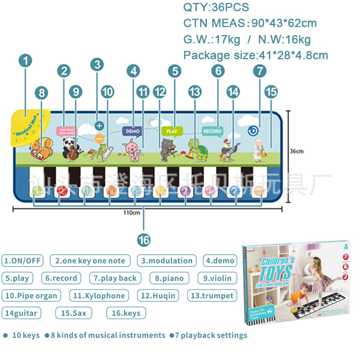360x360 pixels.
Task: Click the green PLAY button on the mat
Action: coord(172,131)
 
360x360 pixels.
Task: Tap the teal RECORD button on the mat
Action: coord(212,131)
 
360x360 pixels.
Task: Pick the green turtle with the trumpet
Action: coord(194,147)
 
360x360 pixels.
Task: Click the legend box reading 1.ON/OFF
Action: coord(23,261)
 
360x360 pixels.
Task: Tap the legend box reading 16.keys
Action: coord(126,313)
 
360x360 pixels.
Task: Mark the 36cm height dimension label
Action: coord(296,152)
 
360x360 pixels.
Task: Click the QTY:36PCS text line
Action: coord(216,8)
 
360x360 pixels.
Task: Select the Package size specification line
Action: coord(255,55)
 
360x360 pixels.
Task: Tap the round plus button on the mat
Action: coord(99,126)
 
